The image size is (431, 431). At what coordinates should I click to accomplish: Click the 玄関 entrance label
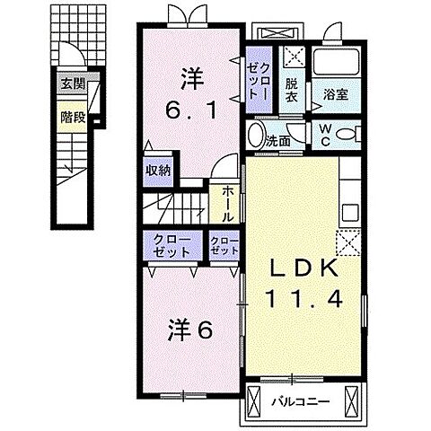73,85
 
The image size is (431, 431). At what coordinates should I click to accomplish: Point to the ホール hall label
225,204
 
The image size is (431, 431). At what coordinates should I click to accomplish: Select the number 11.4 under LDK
303,300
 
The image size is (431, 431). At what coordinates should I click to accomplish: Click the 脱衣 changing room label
292,92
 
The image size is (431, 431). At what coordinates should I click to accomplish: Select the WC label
326,136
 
